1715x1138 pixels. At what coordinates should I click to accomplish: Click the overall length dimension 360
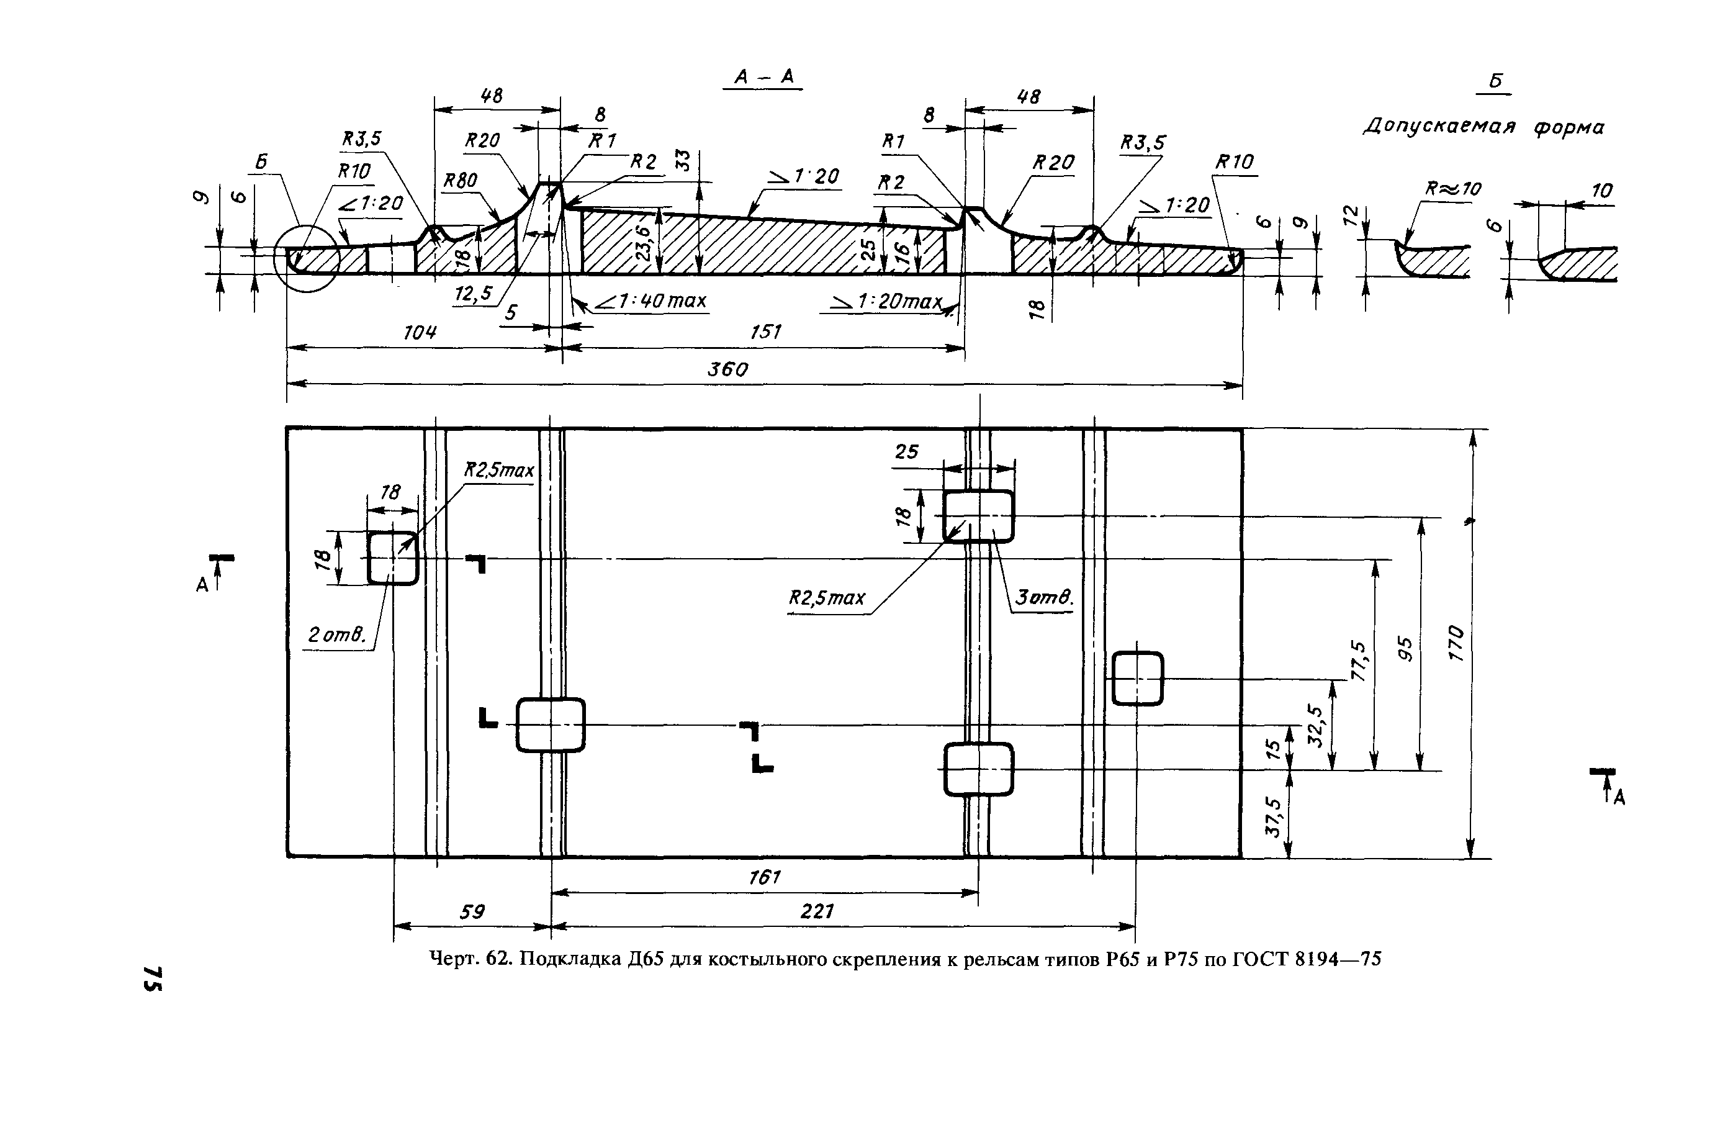point(727,370)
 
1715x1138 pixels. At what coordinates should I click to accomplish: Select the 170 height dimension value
point(1457,643)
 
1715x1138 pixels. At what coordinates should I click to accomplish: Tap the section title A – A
point(763,76)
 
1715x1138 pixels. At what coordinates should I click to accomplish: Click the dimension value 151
point(765,332)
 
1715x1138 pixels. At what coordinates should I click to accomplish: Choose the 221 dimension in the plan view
point(817,911)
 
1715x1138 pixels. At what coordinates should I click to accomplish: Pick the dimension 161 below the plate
point(764,877)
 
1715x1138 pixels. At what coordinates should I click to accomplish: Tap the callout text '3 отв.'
point(1043,598)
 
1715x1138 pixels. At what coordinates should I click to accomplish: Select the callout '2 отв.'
point(335,636)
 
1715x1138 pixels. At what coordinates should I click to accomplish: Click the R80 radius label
point(460,180)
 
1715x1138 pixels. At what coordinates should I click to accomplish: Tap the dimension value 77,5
point(1358,661)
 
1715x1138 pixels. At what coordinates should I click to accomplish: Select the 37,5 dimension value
point(1272,817)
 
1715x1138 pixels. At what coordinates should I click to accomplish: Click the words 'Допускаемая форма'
point(1483,128)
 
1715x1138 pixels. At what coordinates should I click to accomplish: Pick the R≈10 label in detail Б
point(1452,189)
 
